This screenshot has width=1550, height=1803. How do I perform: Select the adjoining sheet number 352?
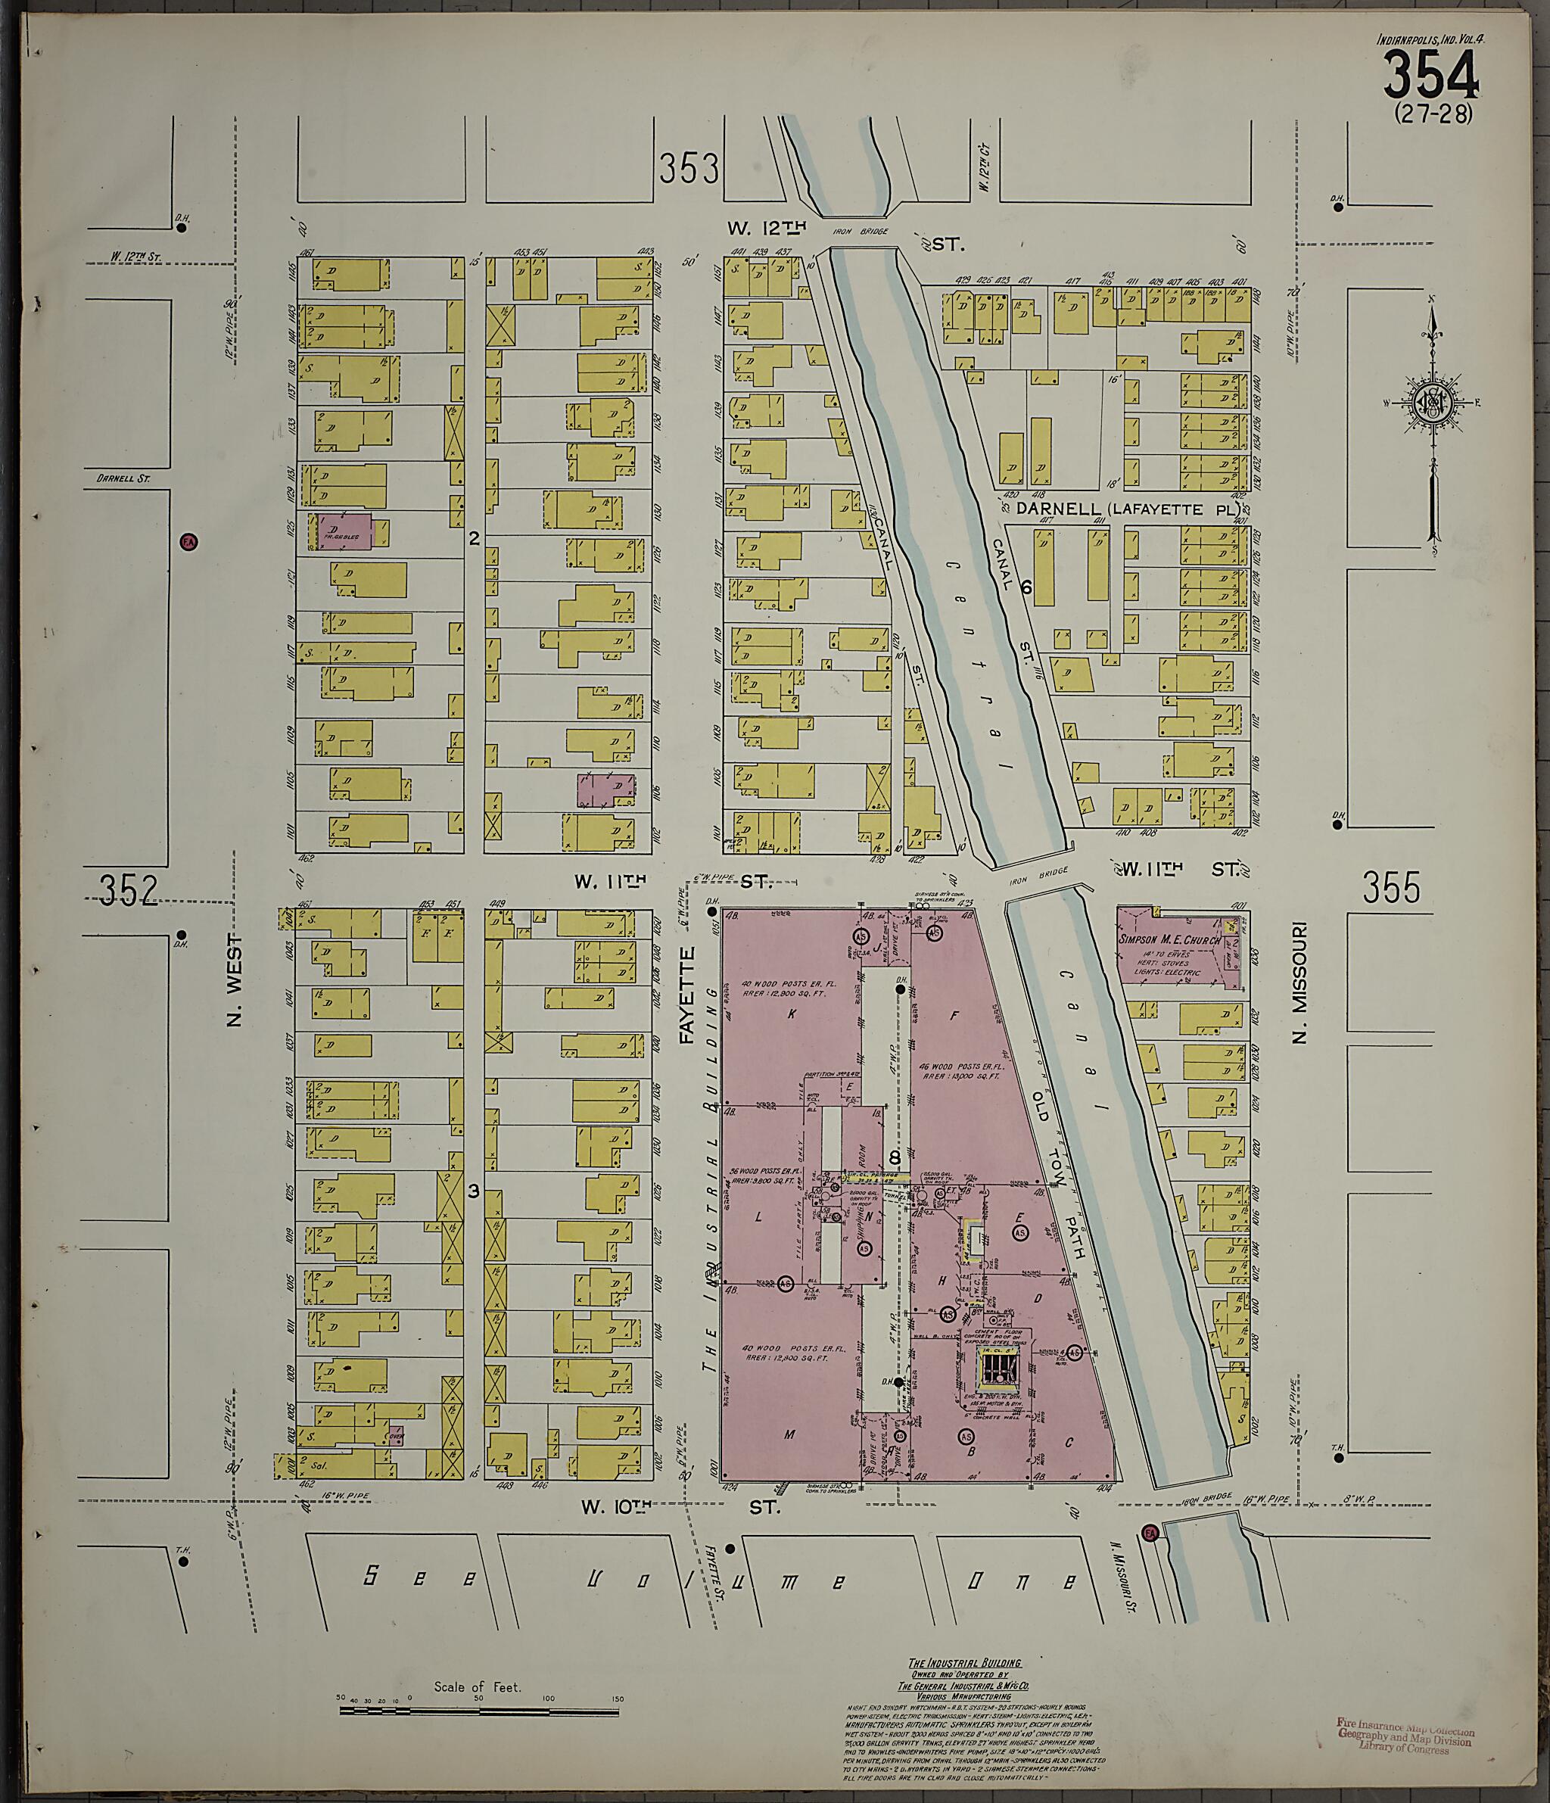[128, 889]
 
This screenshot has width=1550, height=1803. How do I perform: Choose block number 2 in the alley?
[474, 539]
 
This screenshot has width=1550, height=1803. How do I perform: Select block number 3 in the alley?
[474, 1191]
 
